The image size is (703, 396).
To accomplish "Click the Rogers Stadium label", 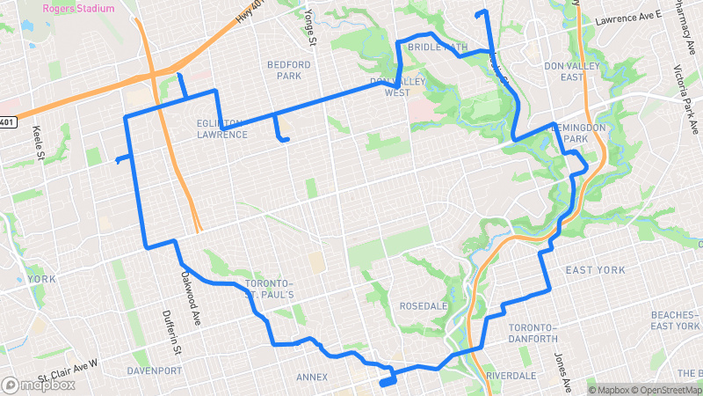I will [x=78, y=8].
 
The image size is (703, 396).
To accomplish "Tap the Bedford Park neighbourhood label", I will [x=289, y=70].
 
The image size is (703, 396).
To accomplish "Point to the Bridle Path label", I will [x=437, y=48].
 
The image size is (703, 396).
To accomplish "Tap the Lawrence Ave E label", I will [x=627, y=17].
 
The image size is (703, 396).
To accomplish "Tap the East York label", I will [x=595, y=269].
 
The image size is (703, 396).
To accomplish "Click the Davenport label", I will [x=154, y=370].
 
